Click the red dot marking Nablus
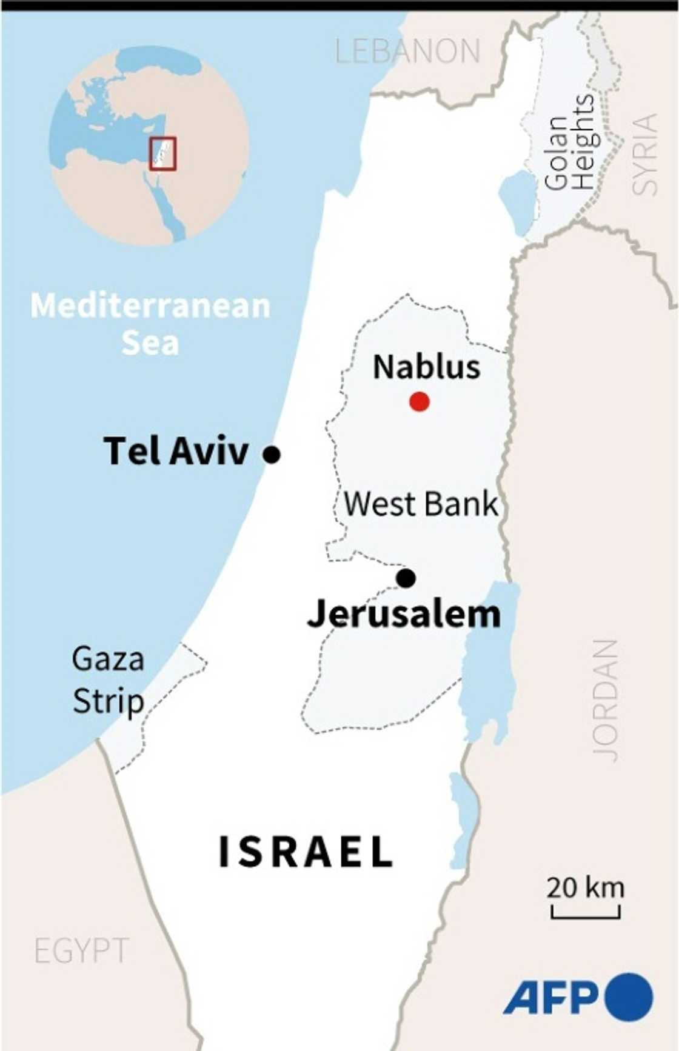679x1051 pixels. click(420, 401)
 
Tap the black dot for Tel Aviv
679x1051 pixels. click(272, 454)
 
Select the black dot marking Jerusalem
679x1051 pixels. click(406, 578)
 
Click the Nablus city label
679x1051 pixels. click(426, 367)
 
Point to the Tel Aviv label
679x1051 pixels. click(176, 451)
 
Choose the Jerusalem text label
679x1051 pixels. click(404, 615)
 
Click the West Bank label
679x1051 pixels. click(421, 504)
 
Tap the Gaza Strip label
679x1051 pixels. click(108, 679)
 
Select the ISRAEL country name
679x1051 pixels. click(306, 852)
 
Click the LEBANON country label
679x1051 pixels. click(407, 52)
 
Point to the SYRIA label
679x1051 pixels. click(645, 154)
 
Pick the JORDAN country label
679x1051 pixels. click(606, 700)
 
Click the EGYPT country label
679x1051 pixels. click(81, 950)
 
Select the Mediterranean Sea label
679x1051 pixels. click(150, 324)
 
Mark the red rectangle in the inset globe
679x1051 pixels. click(162, 153)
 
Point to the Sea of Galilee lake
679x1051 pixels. click(517, 202)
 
